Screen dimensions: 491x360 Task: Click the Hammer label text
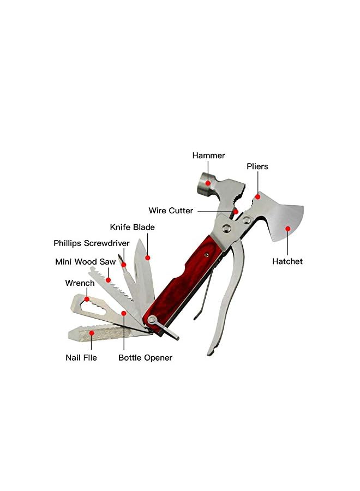(208, 155)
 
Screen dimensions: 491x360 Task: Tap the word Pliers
(257, 166)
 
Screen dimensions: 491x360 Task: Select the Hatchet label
(287, 261)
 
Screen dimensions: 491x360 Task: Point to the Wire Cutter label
(171, 211)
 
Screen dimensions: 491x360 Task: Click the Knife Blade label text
(132, 227)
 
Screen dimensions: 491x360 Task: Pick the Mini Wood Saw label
(86, 262)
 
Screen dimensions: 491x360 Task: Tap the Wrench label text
(80, 283)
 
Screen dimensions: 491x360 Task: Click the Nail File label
(81, 358)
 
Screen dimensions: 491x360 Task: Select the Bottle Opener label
(145, 358)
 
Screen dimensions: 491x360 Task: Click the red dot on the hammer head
(208, 183)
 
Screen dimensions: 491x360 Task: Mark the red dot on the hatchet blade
(287, 229)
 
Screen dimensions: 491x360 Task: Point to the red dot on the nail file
(92, 332)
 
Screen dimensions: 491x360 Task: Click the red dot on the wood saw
(109, 280)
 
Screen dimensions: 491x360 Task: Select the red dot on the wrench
(87, 299)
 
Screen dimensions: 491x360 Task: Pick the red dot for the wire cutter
(236, 211)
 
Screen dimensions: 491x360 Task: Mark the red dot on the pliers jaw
(257, 197)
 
